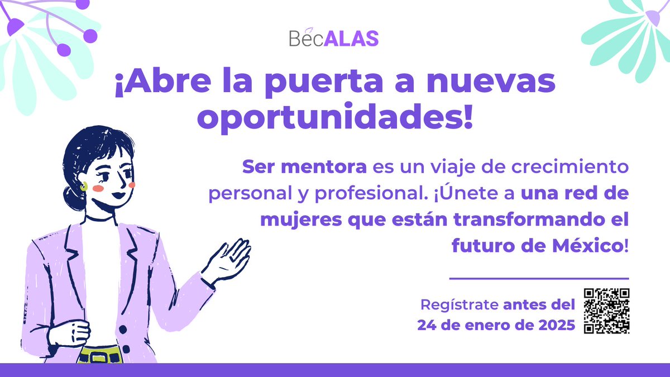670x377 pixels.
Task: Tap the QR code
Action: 606,311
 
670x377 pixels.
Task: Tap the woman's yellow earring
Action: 84,187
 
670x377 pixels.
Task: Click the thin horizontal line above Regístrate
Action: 539,278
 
